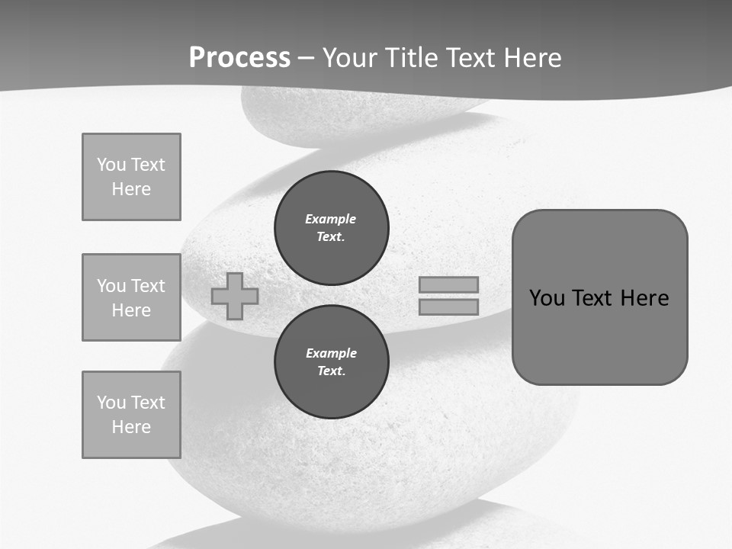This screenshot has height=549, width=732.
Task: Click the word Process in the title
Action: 239,58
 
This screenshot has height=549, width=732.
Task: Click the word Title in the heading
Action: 411,58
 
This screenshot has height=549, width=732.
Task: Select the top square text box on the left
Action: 131,177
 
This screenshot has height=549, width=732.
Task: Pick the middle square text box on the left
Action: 131,297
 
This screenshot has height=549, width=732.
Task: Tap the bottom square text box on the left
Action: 131,415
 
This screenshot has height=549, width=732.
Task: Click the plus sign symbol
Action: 235,297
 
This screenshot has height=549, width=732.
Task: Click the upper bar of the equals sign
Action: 448,284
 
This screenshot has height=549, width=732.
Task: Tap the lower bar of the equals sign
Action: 448,307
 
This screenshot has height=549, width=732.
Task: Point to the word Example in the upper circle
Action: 330,219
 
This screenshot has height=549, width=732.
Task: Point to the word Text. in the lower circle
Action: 331,371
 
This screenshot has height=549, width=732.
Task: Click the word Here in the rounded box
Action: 644,298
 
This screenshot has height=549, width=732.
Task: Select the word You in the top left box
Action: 111,165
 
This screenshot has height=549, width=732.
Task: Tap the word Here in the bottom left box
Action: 131,427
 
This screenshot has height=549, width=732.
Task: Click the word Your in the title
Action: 351,58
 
